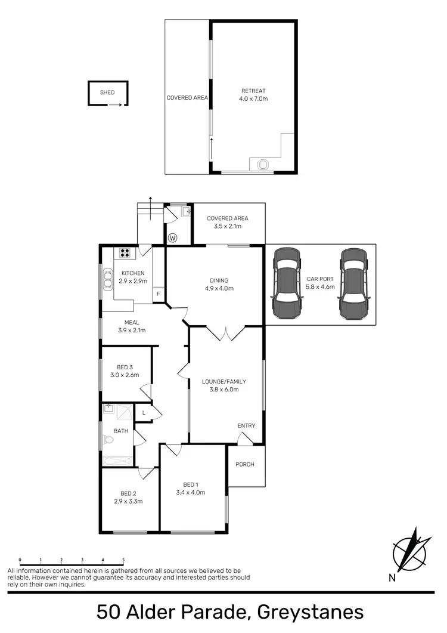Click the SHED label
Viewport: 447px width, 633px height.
[x=107, y=92]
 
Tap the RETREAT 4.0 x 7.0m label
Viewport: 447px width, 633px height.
[x=253, y=94]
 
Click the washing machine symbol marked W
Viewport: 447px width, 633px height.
[x=173, y=238]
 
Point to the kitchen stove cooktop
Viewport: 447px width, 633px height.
[x=126, y=252]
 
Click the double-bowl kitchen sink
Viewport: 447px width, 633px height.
[x=108, y=279]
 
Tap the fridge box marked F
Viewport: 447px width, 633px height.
[x=158, y=294]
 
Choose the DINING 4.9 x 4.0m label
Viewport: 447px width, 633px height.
[x=219, y=284]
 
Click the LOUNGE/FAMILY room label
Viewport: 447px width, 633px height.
[x=223, y=381]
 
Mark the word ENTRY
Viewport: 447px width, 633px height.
[x=246, y=425]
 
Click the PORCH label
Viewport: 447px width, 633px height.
[x=245, y=464]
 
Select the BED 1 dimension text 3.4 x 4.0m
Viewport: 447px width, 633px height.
[x=191, y=492]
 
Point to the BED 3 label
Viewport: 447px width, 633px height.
[x=124, y=367]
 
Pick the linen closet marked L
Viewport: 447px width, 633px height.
[x=144, y=413]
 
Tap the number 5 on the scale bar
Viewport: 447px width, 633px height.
[x=123, y=560]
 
